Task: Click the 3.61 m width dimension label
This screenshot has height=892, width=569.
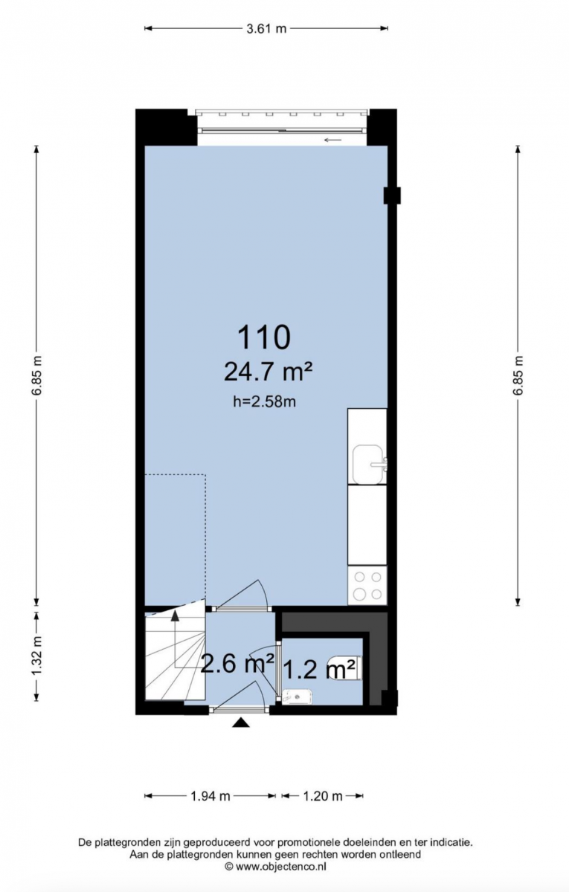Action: click(266, 28)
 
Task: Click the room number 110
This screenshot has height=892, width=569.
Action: click(264, 337)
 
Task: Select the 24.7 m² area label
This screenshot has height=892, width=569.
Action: click(268, 372)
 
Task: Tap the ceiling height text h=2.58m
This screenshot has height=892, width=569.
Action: click(265, 402)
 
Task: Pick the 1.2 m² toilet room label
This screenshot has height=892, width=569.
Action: click(319, 669)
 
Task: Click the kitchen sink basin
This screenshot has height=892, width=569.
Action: click(370, 465)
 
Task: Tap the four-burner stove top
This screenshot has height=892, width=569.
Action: click(367, 586)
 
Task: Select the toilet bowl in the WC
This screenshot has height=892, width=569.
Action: click(346, 668)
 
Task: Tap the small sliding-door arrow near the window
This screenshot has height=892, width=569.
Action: click(333, 140)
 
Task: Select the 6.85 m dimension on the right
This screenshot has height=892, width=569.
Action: click(518, 375)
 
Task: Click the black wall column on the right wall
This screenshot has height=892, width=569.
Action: click(392, 195)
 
